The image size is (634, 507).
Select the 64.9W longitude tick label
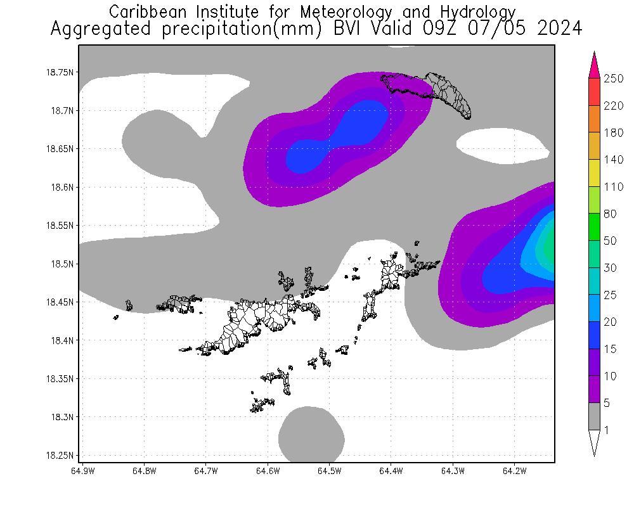point(83,471)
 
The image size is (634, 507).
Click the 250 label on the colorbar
point(614,79)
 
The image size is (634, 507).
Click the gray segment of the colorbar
point(594,416)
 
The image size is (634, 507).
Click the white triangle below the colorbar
point(594,442)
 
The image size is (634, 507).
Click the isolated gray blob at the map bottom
point(311,435)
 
